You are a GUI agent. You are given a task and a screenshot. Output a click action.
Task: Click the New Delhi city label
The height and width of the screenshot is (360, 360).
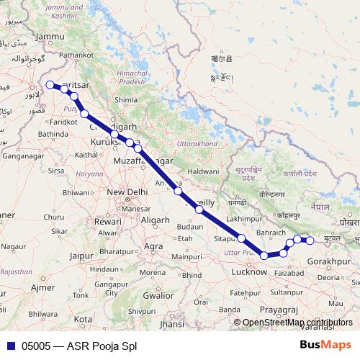click(127, 192)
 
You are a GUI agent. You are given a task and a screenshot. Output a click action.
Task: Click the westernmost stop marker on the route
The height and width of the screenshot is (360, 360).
click(50, 85)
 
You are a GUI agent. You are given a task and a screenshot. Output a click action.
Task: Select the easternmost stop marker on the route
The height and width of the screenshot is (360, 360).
click(310, 240)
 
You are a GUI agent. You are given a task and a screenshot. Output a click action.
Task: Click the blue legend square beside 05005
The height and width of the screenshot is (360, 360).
click(9, 346)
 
